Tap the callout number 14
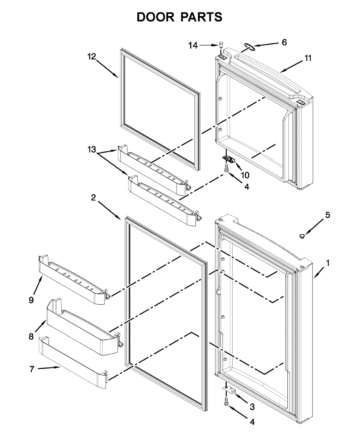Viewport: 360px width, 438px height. click(x=193, y=45)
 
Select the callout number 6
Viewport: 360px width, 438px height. click(x=284, y=42)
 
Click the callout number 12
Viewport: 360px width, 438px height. click(x=91, y=57)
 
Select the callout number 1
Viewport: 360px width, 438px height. click(x=328, y=262)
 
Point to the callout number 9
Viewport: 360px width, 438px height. click(x=31, y=300)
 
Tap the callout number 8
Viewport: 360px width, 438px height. click(x=31, y=336)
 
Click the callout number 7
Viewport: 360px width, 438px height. click(x=32, y=369)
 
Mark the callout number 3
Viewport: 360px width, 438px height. click(x=252, y=407)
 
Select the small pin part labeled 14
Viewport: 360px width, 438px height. click(x=221, y=45)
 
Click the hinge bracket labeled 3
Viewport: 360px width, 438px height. click(x=230, y=391)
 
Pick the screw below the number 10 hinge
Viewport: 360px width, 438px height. click(x=226, y=168)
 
